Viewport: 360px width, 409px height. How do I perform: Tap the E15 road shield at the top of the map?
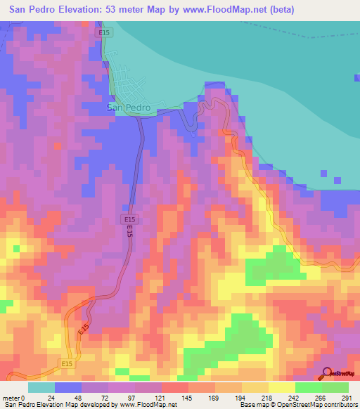click(104, 32)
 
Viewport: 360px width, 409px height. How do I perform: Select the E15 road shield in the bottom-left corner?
click(67, 363)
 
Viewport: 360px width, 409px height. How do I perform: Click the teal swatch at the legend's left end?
click(41, 387)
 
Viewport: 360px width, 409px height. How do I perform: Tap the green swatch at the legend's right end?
click(335, 387)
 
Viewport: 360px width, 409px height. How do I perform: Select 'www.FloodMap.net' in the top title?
click(217, 10)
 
